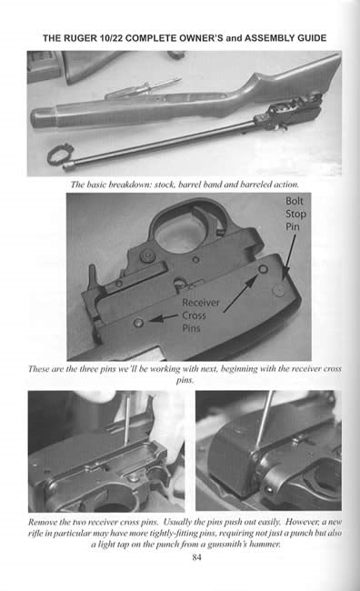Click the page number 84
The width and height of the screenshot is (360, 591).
pos(196,557)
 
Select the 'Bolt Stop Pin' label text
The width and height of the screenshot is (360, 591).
pos(295,214)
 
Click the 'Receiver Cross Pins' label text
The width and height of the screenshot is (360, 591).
pos(200,316)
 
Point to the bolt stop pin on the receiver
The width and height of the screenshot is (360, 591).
pos(279,289)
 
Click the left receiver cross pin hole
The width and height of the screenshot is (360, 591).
pos(139,323)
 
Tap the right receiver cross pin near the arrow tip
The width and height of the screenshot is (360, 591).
pos(263,269)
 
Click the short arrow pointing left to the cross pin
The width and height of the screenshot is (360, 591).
pos(164,317)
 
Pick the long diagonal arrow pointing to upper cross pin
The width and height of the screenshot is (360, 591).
pos(241,294)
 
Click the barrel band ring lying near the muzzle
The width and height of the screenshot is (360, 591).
pos(60,155)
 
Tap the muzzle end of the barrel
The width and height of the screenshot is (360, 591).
pos(68,166)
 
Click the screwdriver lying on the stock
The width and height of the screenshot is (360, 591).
pos(144,88)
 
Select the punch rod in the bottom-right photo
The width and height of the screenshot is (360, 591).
pos(265,419)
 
